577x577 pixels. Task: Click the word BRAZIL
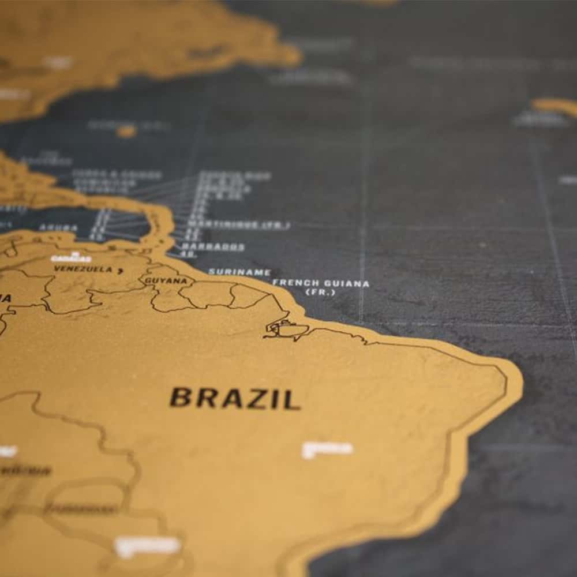(235, 398)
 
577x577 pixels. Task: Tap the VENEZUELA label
(83, 269)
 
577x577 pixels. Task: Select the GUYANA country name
(166, 280)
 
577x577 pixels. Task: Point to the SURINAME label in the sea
(239, 272)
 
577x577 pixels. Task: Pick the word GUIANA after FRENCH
(347, 284)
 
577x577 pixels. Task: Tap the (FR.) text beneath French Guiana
(320, 293)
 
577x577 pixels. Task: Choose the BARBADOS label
(213, 247)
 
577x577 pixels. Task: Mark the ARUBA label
(58, 228)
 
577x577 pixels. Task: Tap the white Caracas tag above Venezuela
(71, 258)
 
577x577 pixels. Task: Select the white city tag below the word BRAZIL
(327, 449)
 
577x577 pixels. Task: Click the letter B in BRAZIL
(180, 398)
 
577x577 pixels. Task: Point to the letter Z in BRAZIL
(256, 399)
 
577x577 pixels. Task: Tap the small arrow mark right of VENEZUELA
(120, 270)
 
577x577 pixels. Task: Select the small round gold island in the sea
(126, 132)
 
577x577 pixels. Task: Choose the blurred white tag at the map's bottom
(148, 545)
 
